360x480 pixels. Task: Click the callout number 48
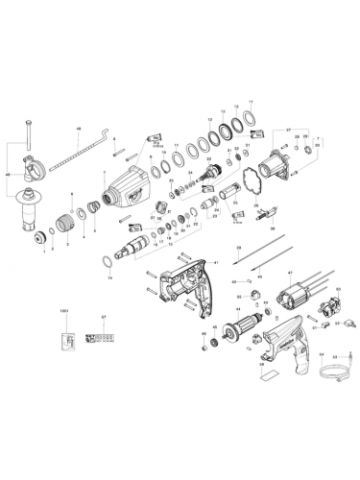click(x=79, y=128)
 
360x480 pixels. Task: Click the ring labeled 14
click(x=108, y=262)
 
